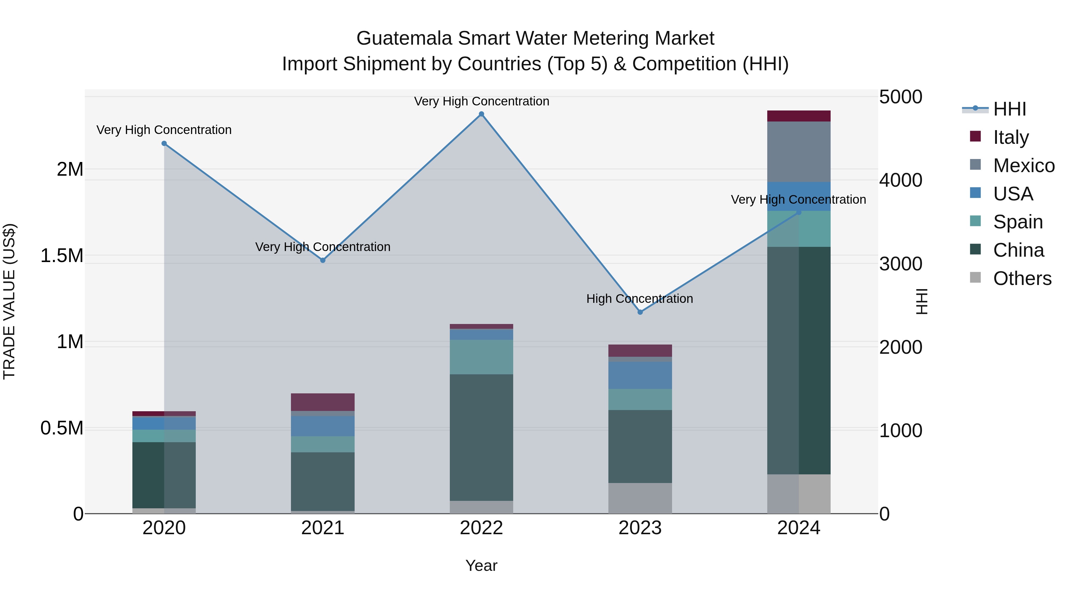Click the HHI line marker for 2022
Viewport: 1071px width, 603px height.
(481, 114)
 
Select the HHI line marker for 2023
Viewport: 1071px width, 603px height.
(640, 312)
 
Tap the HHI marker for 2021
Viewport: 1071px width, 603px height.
(322, 260)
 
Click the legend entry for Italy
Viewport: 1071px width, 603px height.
(1010, 137)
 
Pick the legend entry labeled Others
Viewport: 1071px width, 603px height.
(1022, 278)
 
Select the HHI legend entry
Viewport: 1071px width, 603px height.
(1009, 109)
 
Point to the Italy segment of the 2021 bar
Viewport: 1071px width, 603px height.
(322, 402)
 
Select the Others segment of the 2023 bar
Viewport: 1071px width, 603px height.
(640, 498)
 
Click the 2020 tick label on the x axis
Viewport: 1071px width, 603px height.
(164, 528)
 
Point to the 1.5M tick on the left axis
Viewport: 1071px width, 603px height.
(62, 255)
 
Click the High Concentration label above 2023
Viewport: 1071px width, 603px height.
(639, 299)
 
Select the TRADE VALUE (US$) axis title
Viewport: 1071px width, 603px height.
(9, 301)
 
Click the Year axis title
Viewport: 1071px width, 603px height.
(481, 565)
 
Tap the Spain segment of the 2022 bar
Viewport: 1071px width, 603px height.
(481, 357)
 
